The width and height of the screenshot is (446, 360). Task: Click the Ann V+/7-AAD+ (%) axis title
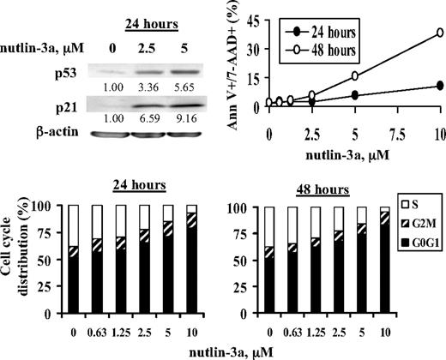(238, 60)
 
